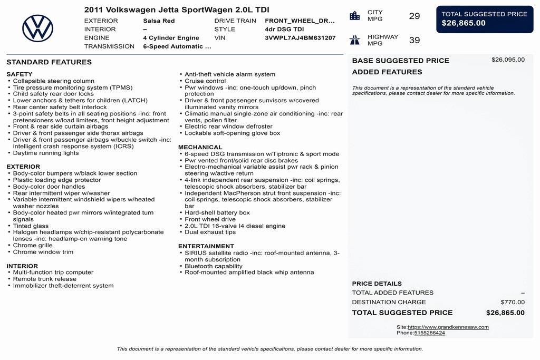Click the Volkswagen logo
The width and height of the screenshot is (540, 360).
click(37, 28)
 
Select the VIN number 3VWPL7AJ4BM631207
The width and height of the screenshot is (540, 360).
click(300, 38)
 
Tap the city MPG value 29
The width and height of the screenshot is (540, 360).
click(414, 16)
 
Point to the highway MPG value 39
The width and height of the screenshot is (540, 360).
click(414, 41)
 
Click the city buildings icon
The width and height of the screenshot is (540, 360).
click(355, 16)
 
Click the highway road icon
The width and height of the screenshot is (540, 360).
click(355, 40)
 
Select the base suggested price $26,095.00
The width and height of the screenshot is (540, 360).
click(508, 60)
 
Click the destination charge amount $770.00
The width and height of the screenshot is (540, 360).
click(513, 303)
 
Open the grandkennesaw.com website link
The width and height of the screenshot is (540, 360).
click(448, 327)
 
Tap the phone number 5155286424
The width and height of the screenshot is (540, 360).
click(429, 333)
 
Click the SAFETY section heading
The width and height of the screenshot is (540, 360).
click(20, 74)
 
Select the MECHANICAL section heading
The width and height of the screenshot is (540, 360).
click(200, 148)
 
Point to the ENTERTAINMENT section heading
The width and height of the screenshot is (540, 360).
click(206, 246)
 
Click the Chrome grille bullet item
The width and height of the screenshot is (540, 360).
click(33, 246)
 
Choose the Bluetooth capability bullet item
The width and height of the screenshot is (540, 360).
click(214, 266)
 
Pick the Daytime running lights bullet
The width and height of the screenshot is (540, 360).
click(46, 153)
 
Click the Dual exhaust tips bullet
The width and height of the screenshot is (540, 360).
click(210, 232)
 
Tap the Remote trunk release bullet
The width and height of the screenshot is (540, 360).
click(45, 279)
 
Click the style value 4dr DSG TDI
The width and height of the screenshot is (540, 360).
click(284, 30)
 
